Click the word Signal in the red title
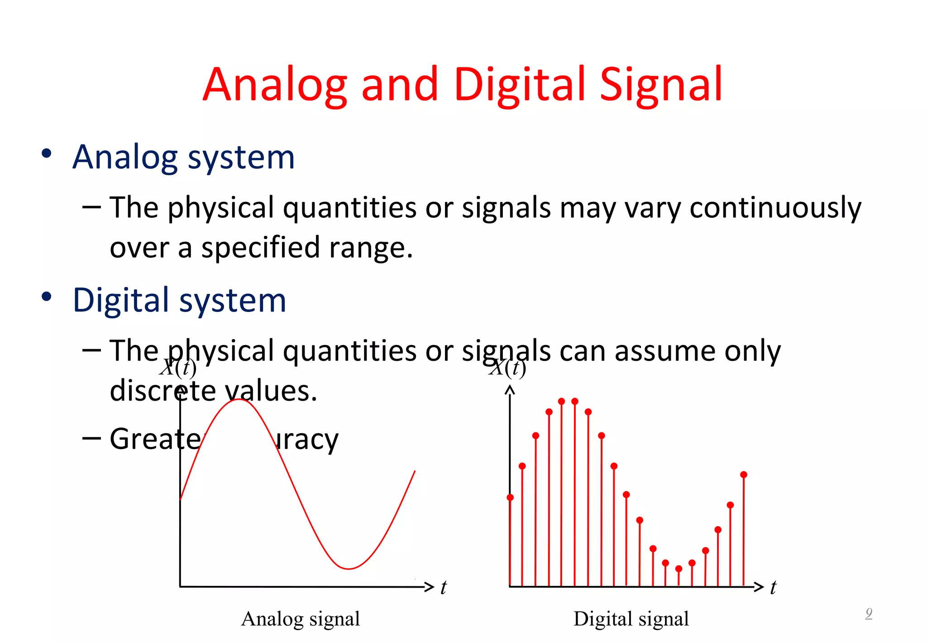click(x=661, y=85)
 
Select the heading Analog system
click(x=183, y=157)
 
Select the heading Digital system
click(x=179, y=300)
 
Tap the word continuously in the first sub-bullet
click(x=775, y=208)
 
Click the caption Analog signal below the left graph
click(x=301, y=619)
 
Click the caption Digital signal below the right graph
click(x=631, y=619)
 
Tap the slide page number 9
click(x=869, y=613)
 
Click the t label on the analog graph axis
click(x=444, y=588)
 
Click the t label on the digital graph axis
click(x=773, y=588)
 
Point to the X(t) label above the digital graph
click(x=508, y=368)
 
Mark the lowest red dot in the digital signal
click(x=679, y=569)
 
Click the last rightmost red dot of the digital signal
click(x=744, y=474)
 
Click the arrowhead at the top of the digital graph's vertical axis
click(x=510, y=389)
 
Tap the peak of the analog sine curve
click(x=239, y=399)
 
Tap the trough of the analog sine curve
click(x=349, y=569)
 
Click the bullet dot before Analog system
click(x=46, y=153)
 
